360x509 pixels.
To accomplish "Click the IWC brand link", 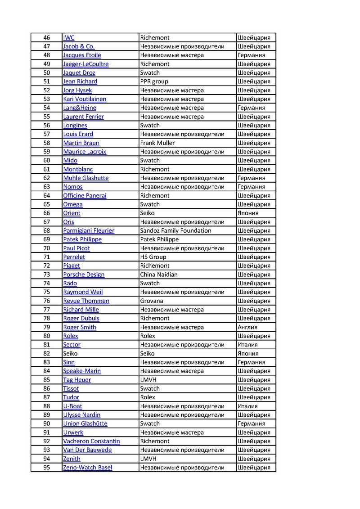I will [x=69, y=38].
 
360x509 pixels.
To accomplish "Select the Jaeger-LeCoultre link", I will [x=85, y=64].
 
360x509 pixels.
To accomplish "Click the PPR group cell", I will [x=154, y=81].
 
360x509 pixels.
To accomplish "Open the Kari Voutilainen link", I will [x=83, y=99].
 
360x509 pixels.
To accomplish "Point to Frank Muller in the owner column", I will [x=157, y=143].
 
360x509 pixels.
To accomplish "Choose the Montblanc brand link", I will [x=78, y=169].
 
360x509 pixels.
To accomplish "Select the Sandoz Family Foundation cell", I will [x=175, y=231].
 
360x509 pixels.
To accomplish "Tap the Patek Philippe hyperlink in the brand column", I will [x=82, y=239].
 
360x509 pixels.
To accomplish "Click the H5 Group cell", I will [x=153, y=257].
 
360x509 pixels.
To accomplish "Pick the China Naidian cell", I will [x=159, y=275].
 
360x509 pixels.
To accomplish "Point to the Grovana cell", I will [x=152, y=301].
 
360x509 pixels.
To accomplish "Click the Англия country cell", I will [x=247, y=327].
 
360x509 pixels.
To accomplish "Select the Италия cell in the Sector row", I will [x=247, y=345].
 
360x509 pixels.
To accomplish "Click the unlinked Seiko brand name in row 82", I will [x=70, y=354].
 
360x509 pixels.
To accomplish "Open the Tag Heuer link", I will [x=77, y=380].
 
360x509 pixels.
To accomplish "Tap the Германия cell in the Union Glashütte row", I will [x=251, y=424].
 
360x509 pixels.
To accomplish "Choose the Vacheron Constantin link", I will [x=91, y=441].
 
